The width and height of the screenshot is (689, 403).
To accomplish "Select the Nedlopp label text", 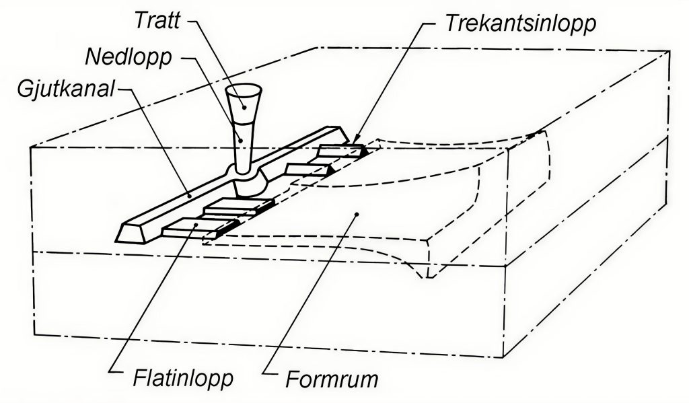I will (x=128, y=55).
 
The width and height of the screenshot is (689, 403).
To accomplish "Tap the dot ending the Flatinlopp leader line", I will (x=196, y=225).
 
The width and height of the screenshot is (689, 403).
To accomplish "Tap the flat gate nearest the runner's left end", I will (x=188, y=228).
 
